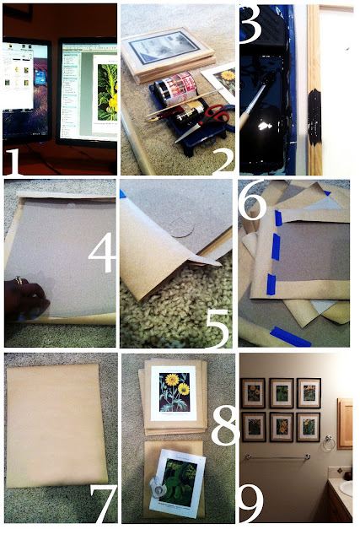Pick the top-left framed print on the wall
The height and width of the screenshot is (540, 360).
click(252, 393)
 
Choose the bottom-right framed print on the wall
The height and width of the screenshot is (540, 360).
click(308, 426)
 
